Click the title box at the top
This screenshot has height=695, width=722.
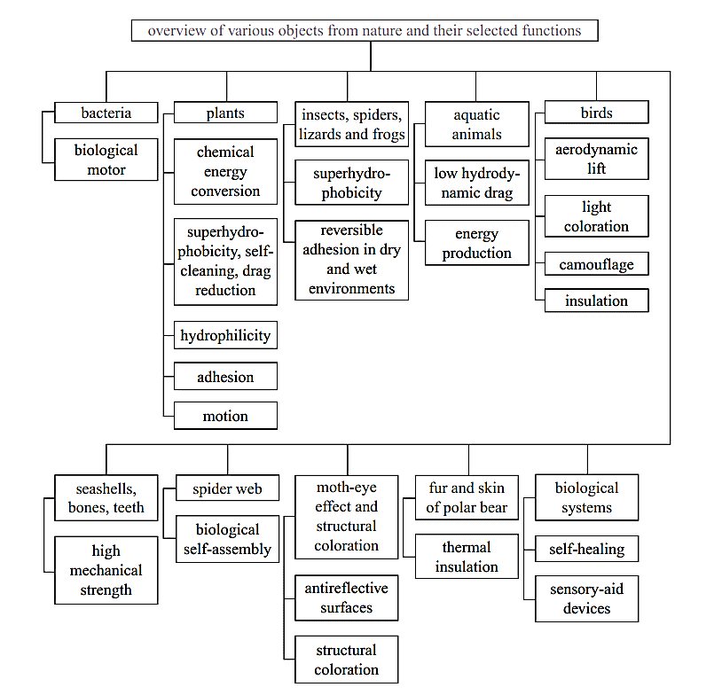point(365,30)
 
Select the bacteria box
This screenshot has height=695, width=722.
point(106,113)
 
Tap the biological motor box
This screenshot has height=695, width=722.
point(106,160)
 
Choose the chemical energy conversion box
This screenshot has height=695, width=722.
point(225,171)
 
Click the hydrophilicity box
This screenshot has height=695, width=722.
point(225,335)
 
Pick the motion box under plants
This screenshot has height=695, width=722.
point(225,416)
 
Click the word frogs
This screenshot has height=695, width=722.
point(388,134)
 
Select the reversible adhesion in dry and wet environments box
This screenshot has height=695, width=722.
point(352,260)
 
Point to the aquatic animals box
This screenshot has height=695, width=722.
point(477,124)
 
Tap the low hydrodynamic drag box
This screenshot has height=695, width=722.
point(477,183)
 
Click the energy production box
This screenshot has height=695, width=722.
point(477,243)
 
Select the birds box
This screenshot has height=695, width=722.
point(597,113)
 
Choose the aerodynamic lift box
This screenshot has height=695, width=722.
point(597,159)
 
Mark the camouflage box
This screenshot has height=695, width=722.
point(597,264)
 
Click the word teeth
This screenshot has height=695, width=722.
point(129,507)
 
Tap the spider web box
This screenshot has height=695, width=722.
point(227,488)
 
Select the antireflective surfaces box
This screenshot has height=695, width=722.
point(346,597)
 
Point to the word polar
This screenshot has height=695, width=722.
point(460,507)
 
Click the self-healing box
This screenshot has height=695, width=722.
point(586,549)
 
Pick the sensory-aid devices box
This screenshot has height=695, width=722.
point(586,598)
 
